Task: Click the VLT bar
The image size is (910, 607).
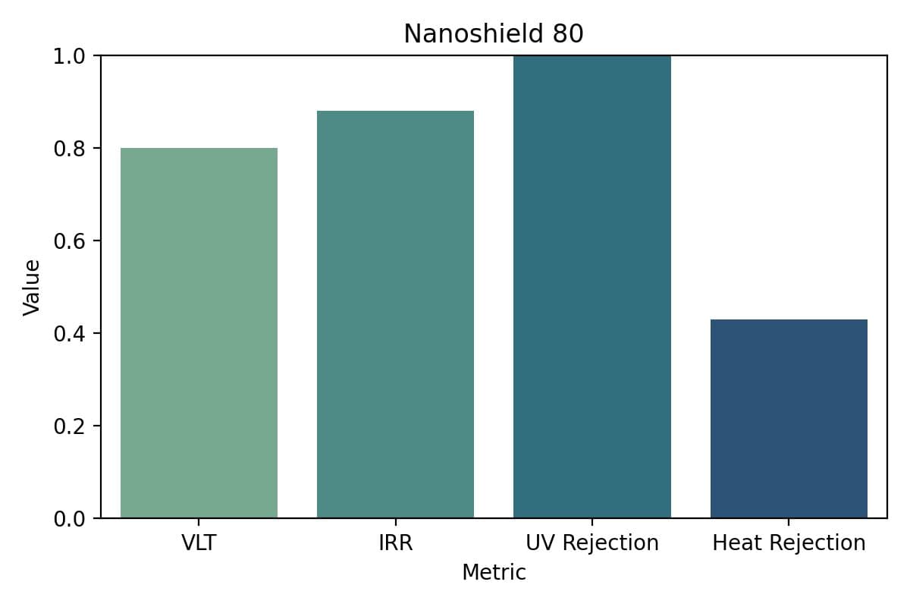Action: point(199,333)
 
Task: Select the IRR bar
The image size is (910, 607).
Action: point(395,314)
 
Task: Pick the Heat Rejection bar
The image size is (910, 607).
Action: point(789,419)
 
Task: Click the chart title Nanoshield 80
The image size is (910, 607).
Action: point(494,34)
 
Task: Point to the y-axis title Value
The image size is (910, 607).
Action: point(31,287)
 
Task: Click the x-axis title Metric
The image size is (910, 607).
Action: point(494,572)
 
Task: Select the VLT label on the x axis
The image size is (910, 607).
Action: point(199,543)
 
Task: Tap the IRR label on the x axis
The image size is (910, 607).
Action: point(395,543)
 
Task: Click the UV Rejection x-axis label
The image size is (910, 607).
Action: point(592,543)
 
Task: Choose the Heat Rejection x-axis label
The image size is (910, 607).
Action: point(789,543)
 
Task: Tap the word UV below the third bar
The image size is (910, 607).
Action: point(539,543)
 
